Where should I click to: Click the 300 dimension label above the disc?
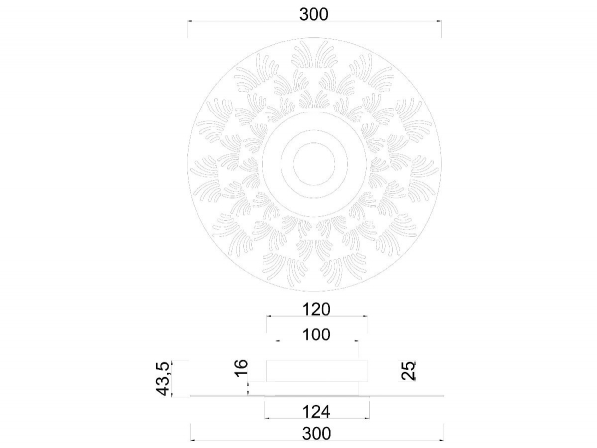(314, 13)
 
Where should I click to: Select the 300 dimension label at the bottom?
(314, 434)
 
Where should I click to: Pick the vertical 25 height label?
(409, 371)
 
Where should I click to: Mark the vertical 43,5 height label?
(166, 377)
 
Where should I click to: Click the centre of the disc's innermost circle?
(314, 160)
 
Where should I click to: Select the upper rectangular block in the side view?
(314, 370)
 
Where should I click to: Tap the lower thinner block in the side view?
(314, 388)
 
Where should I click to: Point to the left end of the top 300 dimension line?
(190, 22)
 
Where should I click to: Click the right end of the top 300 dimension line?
(439, 22)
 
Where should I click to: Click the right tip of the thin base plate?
(439, 396)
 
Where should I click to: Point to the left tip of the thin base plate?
(190, 396)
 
